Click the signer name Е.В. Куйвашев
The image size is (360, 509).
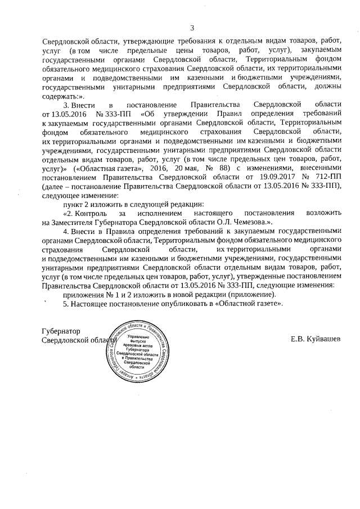coord(315,339)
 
